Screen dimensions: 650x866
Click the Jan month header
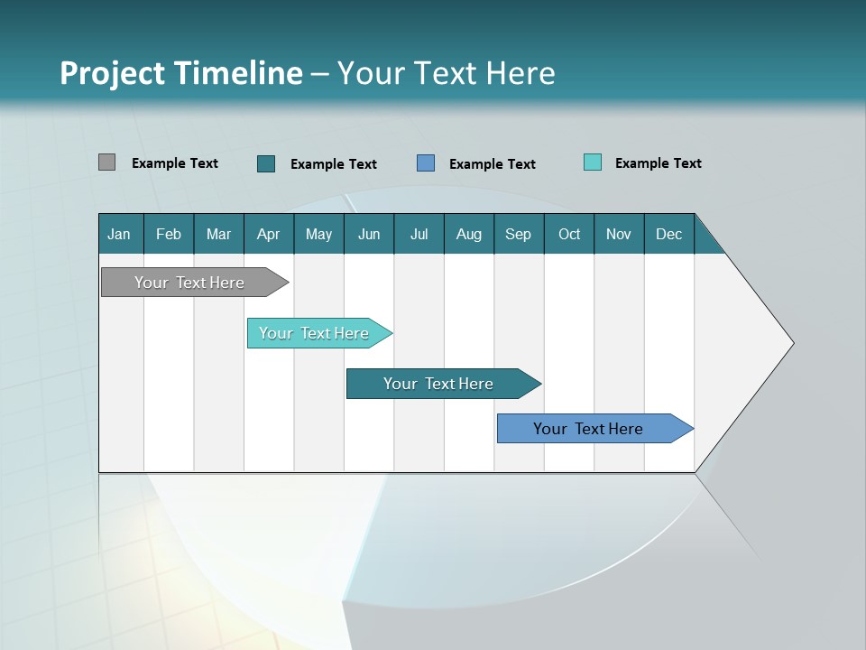119,234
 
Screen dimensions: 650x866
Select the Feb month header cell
169,234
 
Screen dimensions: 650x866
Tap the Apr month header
268,234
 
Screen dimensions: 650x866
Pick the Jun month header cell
369,234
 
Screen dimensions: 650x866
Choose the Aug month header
468,234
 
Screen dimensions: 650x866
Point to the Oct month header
569,234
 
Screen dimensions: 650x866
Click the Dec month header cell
668,234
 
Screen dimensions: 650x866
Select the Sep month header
518,234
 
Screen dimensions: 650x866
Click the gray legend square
106,162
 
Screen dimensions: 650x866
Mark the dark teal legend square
266,163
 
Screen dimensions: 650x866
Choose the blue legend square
426,162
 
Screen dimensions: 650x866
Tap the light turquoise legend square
593,162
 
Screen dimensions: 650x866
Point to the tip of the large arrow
792,343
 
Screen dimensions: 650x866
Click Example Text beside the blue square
493,164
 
